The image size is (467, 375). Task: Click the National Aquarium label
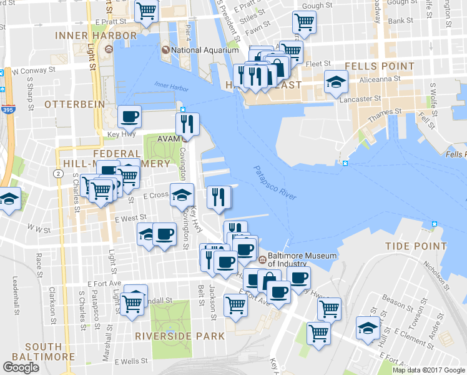pyautogui.click(x=205, y=49)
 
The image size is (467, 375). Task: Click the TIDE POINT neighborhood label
pyautogui.click(x=416, y=245)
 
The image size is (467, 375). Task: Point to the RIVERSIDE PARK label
pyautogui.click(x=180, y=336)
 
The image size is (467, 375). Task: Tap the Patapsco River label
pyautogui.click(x=275, y=182)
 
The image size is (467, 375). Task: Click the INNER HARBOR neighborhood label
pyautogui.click(x=96, y=36)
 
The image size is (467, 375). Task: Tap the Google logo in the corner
pyautogui.click(x=21, y=367)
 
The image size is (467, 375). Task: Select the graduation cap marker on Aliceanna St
pyautogui.click(x=336, y=82)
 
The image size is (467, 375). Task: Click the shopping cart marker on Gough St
pyautogui.click(x=304, y=22)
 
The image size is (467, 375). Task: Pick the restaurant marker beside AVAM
pyautogui.click(x=187, y=123)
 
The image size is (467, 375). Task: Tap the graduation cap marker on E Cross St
pyautogui.click(x=181, y=196)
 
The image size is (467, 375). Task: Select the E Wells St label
pyautogui.click(x=130, y=361)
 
